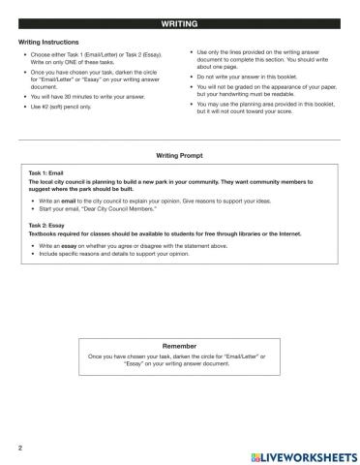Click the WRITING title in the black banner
(x=180, y=22)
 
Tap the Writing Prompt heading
(x=180, y=155)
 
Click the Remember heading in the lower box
(x=179, y=344)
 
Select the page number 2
(x=20, y=448)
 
